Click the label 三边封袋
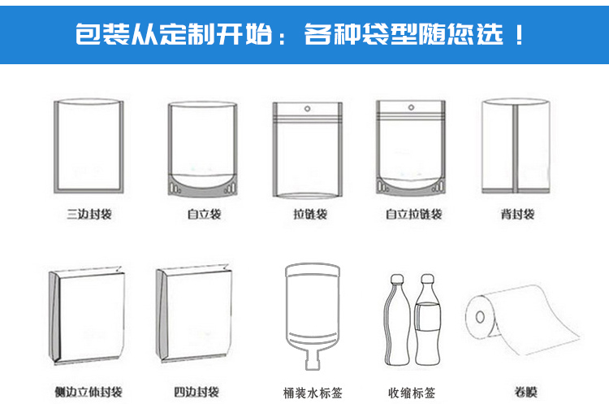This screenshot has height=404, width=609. coord(89,214)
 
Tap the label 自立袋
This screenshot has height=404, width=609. coord(204,214)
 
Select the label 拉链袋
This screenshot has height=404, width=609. coord(310,214)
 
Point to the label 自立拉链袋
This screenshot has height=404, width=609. coord(413,214)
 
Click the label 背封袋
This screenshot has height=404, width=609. coord(517,214)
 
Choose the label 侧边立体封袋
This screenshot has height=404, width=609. coord(89,392)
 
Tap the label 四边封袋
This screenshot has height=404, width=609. coord(197,392)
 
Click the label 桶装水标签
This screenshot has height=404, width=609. coord(313,393)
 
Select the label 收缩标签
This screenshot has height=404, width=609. coord(412,393)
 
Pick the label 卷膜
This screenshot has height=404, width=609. coord(525,392)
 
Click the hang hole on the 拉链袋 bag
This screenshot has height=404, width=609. coord(307,108)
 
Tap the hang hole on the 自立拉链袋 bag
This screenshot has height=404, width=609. coord(412,107)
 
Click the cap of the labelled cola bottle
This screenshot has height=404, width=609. coord(427,279)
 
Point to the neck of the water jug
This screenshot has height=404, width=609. coord(313,360)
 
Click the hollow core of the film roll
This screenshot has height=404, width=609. coord(480,317)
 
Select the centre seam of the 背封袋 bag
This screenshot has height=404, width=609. coord(516,149)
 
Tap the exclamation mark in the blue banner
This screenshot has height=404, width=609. coord(519,34)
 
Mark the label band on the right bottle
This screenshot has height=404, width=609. coord(427,317)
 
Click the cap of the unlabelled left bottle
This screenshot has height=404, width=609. coord(397,279)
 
